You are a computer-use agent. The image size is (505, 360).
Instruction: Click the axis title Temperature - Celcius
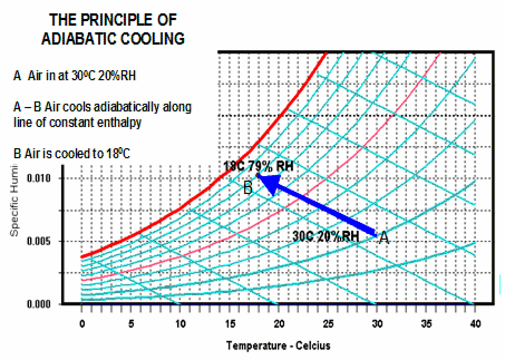pos(278,346)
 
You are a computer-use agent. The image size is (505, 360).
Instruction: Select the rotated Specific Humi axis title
pos(15,201)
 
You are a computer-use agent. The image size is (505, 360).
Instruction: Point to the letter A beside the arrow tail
pos(383,239)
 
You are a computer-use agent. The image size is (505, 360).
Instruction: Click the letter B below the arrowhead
pos(249,188)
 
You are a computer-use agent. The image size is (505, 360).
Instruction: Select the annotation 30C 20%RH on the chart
pos(326,236)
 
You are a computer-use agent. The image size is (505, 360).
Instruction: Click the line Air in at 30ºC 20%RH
pos(74,76)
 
